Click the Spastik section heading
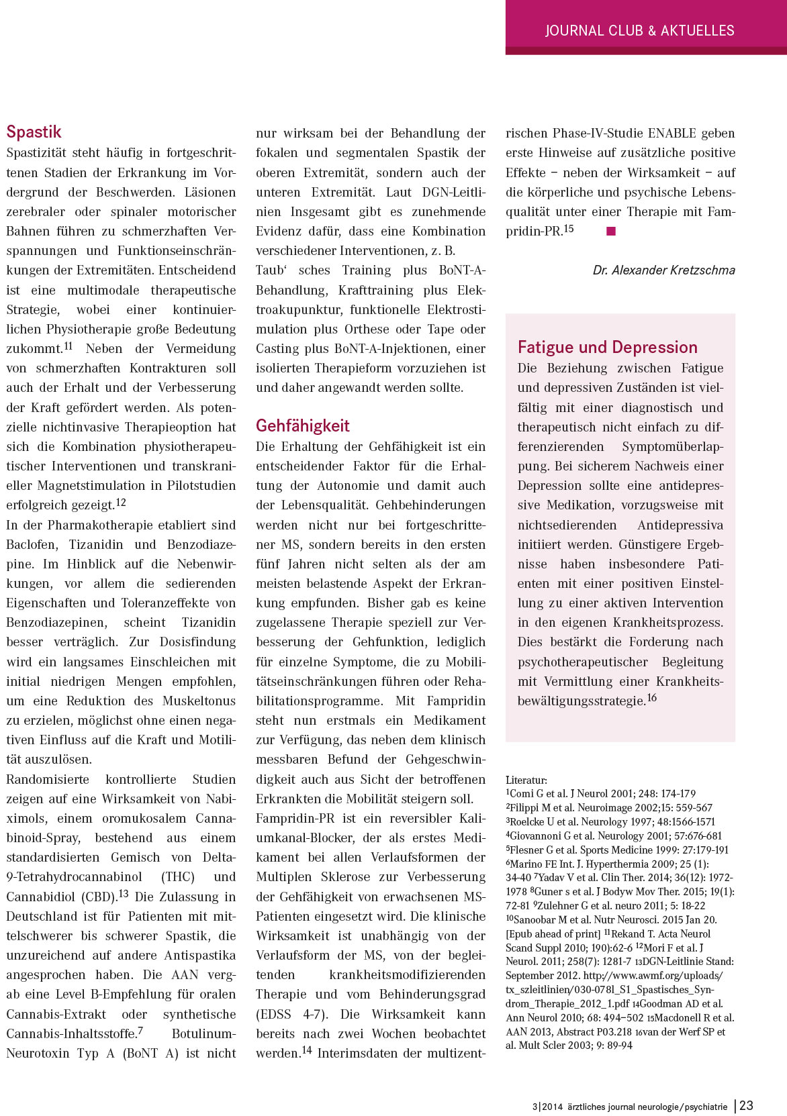(34, 132)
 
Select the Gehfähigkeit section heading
(303, 425)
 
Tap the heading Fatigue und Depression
(607, 347)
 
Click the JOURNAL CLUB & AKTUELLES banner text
(639, 30)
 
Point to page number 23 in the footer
(746, 1105)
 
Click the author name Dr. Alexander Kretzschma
(663, 270)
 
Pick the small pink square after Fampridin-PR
(611, 231)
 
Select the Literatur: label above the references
(526, 780)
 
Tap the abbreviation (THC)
(178, 876)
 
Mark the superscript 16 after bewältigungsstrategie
(651, 697)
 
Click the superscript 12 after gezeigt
(121, 502)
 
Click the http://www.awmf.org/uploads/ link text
(653, 975)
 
